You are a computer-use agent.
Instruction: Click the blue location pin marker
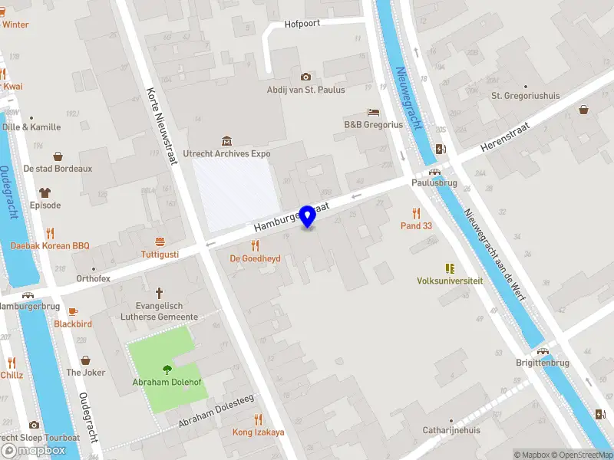pyautogui.click(x=307, y=216)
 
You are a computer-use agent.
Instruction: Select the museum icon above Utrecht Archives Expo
pyautogui.click(x=226, y=141)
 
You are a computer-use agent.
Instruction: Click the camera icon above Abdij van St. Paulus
pyautogui.click(x=305, y=77)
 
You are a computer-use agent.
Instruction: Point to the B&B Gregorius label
pyautogui.click(x=373, y=125)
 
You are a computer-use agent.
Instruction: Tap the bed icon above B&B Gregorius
pyautogui.click(x=373, y=113)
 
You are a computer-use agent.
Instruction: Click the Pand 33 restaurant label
pyautogui.click(x=417, y=225)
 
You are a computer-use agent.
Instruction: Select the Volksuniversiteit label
pyautogui.click(x=450, y=281)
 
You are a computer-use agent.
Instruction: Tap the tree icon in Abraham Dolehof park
pyautogui.click(x=167, y=370)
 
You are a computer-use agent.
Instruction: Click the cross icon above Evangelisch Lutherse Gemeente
pyautogui.click(x=160, y=293)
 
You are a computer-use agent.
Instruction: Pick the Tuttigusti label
pyautogui.click(x=160, y=254)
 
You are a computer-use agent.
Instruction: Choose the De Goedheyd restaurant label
pyautogui.click(x=255, y=259)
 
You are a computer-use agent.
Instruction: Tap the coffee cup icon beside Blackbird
pyautogui.click(x=73, y=311)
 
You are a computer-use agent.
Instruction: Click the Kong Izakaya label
pyautogui.click(x=258, y=432)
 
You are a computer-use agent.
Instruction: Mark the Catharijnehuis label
pyautogui.click(x=451, y=430)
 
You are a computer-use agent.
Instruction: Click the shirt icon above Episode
pyautogui.click(x=45, y=192)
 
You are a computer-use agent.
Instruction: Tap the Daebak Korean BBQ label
pyautogui.click(x=50, y=246)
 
